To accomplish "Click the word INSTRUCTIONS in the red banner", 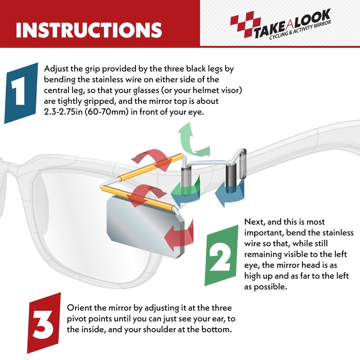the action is (x=89, y=30).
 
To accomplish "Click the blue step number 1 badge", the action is (x=21, y=93).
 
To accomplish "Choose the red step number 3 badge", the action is (x=44, y=323).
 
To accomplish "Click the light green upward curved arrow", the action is (x=192, y=140).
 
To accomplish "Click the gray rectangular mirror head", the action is (x=146, y=227).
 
